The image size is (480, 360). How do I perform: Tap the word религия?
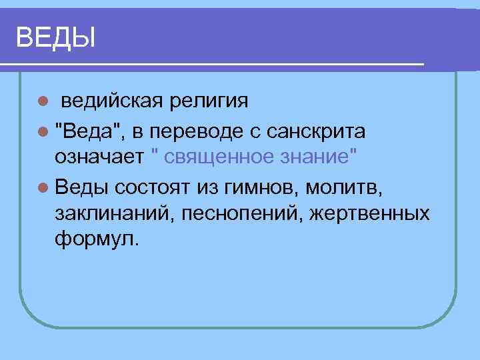coord(209,101)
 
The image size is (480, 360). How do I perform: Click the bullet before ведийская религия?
coord(43,102)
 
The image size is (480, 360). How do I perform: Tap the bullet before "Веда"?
coord(43,132)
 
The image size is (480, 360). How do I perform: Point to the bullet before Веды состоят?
coord(43,187)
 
